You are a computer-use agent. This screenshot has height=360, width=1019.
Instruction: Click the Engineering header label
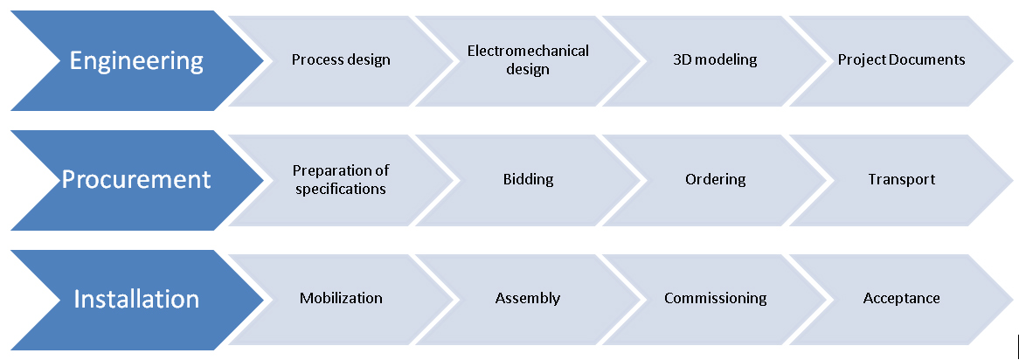136,61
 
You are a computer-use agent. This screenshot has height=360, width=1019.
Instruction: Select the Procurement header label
136,180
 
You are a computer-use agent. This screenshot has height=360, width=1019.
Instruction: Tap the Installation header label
136,299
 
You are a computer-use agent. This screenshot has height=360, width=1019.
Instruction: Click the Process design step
341,60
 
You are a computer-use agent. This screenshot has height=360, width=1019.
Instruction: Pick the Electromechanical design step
528,60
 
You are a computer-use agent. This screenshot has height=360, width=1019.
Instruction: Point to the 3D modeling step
715,60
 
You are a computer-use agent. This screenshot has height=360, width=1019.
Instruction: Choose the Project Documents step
901,60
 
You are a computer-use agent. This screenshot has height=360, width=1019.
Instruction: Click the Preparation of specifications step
341,179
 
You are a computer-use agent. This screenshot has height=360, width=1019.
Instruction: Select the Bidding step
528,179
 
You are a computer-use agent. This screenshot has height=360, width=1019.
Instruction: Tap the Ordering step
715,179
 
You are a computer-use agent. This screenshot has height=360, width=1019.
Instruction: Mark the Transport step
901,179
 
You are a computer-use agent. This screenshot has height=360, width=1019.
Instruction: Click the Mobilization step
341,298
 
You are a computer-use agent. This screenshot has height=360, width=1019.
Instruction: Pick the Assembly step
528,298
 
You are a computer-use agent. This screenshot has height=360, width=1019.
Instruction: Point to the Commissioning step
715,298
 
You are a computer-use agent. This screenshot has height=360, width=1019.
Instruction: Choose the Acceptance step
901,298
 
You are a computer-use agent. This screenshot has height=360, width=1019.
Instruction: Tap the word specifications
341,189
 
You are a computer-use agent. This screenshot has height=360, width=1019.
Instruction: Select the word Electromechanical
528,51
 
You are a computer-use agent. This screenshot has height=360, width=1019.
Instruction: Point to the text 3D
683,60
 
